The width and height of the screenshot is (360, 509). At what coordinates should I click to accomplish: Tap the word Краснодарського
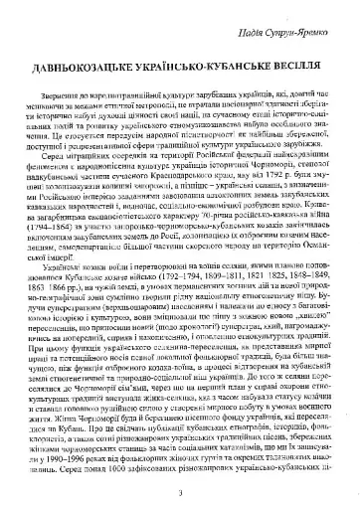pyautogui.click(x=182, y=154)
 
